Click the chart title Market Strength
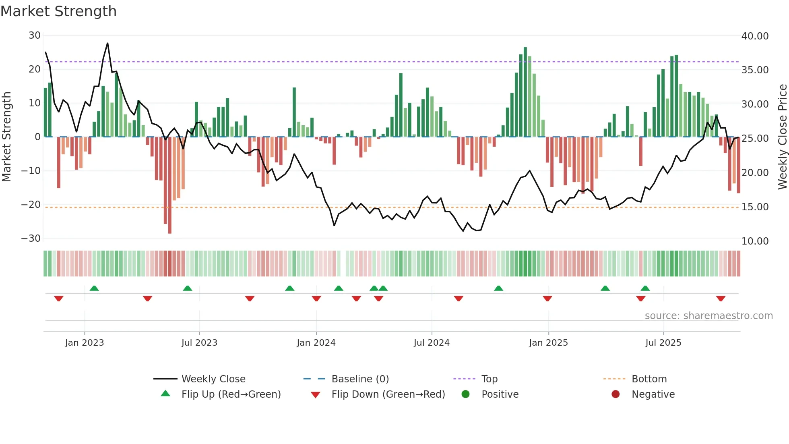[x=58, y=11]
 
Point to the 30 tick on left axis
[x=34, y=35]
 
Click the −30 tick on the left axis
[x=31, y=238]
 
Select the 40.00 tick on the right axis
[x=755, y=36]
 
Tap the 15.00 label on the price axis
[x=755, y=207]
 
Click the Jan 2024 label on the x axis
[x=316, y=343]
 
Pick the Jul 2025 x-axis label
[x=663, y=343]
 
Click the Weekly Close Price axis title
[x=782, y=137]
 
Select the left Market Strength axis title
[x=6, y=137]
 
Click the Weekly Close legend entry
[x=213, y=379]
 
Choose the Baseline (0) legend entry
[x=360, y=379]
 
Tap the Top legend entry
[x=490, y=379]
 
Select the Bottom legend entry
[x=649, y=379]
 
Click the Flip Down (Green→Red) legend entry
[x=388, y=394]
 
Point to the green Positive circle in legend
[x=466, y=394]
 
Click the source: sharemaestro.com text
[x=708, y=316]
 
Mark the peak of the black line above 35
[x=107, y=43]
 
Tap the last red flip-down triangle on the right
[x=721, y=299]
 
